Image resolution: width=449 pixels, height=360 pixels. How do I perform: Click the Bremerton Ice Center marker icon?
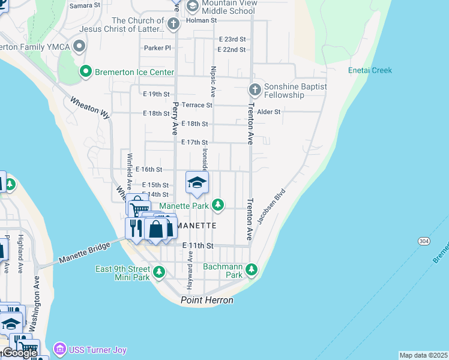pos(85,72)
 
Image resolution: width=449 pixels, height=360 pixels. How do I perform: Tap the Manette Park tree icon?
pos(217,206)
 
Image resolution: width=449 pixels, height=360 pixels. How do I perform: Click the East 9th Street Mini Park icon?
pos(159,273)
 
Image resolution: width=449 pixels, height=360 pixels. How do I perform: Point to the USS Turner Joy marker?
pos(59,349)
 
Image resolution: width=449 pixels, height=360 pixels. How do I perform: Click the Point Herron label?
pos(207,300)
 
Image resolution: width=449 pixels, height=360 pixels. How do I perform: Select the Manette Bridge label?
pos(84,254)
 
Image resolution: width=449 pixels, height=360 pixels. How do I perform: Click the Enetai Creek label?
pos(370,70)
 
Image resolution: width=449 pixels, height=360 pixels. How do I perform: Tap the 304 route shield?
pos(423,240)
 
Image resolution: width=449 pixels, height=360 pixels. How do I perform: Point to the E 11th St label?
pos(198,246)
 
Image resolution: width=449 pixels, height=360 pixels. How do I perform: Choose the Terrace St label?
pos(197,105)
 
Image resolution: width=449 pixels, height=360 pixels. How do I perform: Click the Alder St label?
pos(268,112)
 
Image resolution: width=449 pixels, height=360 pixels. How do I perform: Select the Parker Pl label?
pos(157,47)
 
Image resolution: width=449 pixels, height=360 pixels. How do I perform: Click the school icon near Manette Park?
pos(197,182)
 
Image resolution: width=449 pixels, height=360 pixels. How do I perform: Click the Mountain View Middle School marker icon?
pos(193,7)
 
